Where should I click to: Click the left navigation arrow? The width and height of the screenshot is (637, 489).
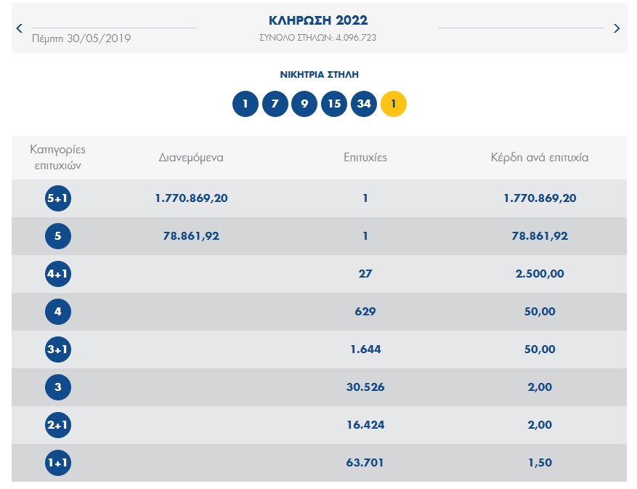(19, 28)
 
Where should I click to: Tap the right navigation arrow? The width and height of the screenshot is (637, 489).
(617, 28)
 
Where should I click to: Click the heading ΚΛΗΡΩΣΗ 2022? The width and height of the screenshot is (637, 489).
(318, 20)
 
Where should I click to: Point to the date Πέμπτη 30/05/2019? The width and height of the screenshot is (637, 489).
(81, 38)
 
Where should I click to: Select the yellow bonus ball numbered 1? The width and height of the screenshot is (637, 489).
(394, 104)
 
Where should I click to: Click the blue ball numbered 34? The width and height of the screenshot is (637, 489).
(364, 104)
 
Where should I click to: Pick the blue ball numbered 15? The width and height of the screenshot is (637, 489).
(334, 104)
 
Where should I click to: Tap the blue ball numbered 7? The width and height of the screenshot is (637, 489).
(275, 104)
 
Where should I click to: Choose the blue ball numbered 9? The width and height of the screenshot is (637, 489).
(304, 104)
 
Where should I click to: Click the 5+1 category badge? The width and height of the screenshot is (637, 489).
(58, 198)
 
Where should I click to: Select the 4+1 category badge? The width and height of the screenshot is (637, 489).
(58, 274)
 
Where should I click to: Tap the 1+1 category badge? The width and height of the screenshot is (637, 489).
(58, 463)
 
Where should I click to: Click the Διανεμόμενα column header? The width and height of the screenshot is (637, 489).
(191, 157)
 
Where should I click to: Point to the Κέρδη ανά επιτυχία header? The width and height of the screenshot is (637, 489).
(540, 157)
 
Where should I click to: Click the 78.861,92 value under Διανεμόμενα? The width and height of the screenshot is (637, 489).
(191, 236)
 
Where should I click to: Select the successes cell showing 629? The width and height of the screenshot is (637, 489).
(365, 312)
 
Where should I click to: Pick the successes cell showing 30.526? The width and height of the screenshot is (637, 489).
(365, 387)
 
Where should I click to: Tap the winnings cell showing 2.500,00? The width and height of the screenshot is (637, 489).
(540, 274)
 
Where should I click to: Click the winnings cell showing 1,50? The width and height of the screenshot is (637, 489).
(540, 463)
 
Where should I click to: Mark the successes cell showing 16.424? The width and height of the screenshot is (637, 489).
(365, 425)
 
